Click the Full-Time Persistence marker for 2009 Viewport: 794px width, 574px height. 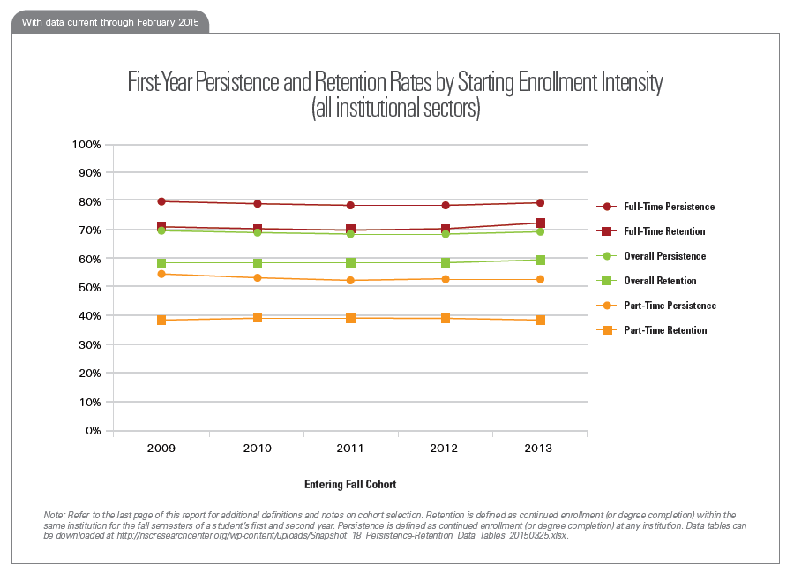pos(161,201)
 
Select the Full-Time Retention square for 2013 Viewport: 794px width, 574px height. pos(540,223)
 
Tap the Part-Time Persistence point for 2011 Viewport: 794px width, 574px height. pos(350,280)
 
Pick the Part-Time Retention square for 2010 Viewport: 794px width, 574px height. pos(256,318)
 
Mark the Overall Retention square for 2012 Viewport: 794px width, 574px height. pos(445,263)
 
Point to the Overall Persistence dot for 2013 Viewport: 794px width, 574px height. pos(540,231)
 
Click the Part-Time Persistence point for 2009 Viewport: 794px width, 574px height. pos(161,274)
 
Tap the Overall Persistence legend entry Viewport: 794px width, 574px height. pos(657,256)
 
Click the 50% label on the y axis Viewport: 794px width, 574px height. pos(89,287)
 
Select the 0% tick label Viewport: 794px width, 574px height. pos(93,430)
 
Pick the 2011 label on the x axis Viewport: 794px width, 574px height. pos(350,449)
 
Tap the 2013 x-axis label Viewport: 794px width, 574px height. pos(539,449)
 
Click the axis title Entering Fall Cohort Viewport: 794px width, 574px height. pos(350,485)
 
